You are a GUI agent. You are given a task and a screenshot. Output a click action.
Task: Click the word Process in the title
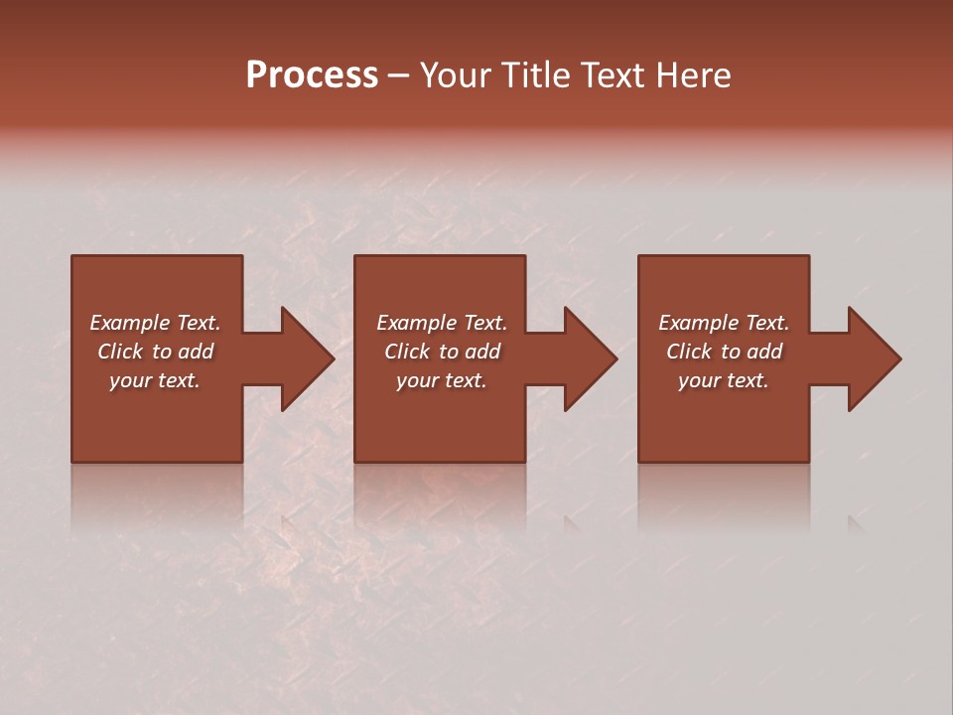pyautogui.click(x=312, y=75)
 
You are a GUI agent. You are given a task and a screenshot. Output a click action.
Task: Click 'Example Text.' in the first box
pyautogui.click(x=155, y=323)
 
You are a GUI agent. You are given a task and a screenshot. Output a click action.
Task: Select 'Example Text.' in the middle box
pyautogui.click(x=442, y=323)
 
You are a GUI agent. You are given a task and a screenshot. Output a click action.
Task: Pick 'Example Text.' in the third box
pyautogui.click(x=724, y=323)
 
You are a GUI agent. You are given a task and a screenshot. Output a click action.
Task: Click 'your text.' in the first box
pyautogui.click(x=155, y=380)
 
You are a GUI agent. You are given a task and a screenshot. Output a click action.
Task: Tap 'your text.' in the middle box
pyautogui.click(x=442, y=380)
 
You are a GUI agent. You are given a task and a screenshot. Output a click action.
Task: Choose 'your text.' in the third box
pyautogui.click(x=724, y=380)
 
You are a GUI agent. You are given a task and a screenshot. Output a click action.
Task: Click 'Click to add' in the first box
pyautogui.click(x=155, y=352)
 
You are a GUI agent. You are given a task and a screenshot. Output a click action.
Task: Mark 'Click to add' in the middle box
pyautogui.click(x=442, y=352)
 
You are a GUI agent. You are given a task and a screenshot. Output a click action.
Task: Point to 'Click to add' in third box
pyautogui.click(x=724, y=352)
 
